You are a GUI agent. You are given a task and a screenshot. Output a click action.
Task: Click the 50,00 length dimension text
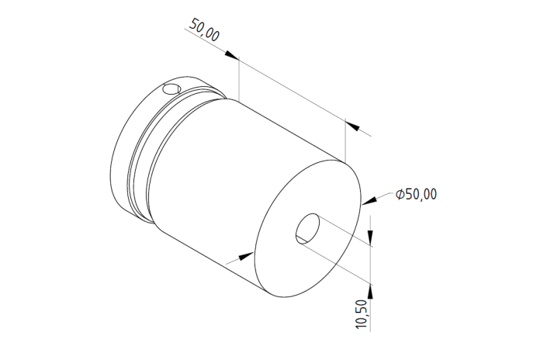tap(204, 29)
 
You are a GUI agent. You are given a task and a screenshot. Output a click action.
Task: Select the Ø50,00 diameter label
tap(417, 194)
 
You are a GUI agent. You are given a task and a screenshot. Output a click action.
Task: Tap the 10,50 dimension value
tap(362, 314)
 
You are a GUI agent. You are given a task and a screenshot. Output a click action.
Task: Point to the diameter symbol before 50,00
tap(400, 194)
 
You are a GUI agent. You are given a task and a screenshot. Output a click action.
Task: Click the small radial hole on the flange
tap(171, 89)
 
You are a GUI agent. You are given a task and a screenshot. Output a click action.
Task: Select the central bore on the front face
tap(307, 229)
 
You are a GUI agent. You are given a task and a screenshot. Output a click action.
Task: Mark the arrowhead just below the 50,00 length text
tap(232, 55)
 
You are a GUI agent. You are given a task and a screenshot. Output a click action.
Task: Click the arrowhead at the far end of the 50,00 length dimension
tap(352, 126)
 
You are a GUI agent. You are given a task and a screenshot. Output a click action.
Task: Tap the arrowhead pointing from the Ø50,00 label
tap(369, 201)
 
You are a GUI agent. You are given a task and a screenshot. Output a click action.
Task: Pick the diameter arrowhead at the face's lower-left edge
tap(246, 257)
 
